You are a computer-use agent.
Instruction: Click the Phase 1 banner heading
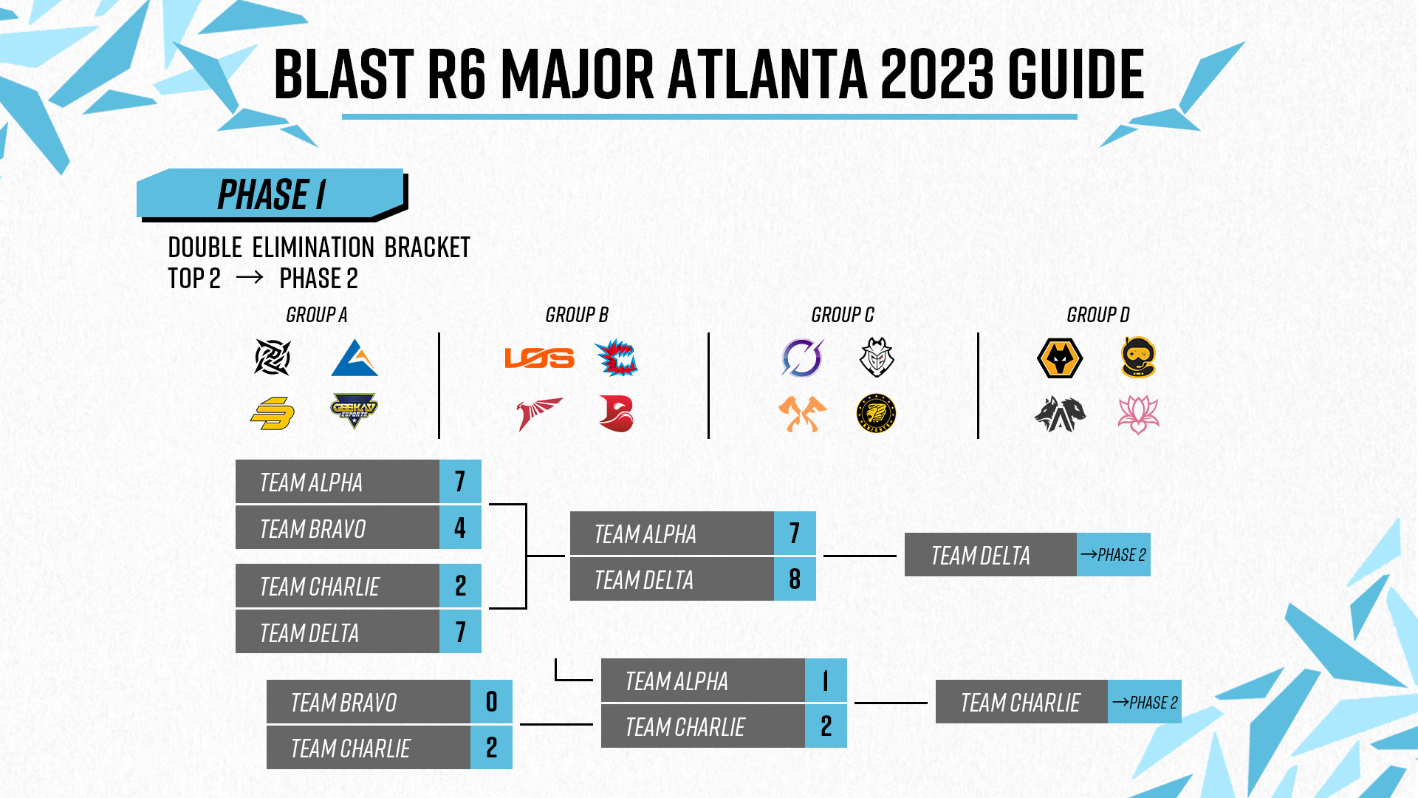pyautogui.click(x=271, y=195)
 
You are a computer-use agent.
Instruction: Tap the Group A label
pyautogui.click(x=316, y=315)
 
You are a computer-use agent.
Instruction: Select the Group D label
pyautogui.click(x=1097, y=315)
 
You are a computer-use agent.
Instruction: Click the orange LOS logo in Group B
pyautogui.click(x=539, y=358)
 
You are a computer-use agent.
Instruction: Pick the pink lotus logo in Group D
pyautogui.click(x=1138, y=415)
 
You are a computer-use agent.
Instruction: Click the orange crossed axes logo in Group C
pyautogui.click(x=802, y=414)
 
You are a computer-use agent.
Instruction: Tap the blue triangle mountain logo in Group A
pyautogui.click(x=354, y=358)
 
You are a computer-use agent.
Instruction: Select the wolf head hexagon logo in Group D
pyautogui.click(x=1060, y=358)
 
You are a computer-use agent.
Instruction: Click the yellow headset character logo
pyautogui.click(x=1138, y=358)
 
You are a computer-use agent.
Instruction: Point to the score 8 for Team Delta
pyautogui.click(x=795, y=579)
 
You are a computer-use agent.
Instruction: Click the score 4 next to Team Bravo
pyautogui.click(x=460, y=528)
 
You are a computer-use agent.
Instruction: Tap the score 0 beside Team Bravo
pyautogui.click(x=491, y=702)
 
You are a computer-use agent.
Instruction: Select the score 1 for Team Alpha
pyautogui.click(x=826, y=681)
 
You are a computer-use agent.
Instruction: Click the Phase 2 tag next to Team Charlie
pyautogui.click(x=1144, y=702)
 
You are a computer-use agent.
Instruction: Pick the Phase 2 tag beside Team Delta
pyautogui.click(x=1113, y=555)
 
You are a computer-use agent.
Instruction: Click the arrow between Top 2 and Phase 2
pyautogui.click(x=249, y=278)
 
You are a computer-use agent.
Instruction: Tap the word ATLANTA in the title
pyautogui.click(x=767, y=74)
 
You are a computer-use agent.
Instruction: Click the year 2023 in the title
pyautogui.click(x=937, y=74)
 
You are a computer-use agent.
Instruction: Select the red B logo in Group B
pyautogui.click(x=616, y=414)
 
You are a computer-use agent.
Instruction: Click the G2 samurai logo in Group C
pyautogui.click(x=877, y=358)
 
